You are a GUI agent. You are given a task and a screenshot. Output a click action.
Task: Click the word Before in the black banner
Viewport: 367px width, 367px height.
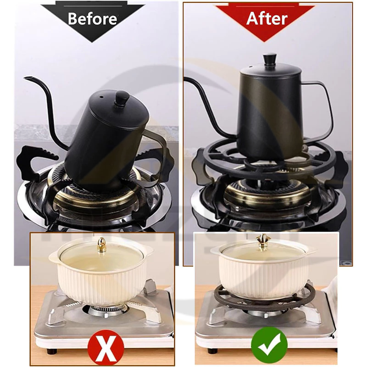coord(93,19)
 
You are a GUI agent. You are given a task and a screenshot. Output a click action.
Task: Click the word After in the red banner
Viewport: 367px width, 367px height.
coord(267,18)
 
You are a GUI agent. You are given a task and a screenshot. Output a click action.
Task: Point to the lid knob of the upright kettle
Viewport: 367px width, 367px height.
coord(270,60)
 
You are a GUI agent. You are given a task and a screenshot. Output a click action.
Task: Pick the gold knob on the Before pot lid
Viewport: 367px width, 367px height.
coord(101,244)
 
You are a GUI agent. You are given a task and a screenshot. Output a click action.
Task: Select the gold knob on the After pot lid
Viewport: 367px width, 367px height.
coord(264,240)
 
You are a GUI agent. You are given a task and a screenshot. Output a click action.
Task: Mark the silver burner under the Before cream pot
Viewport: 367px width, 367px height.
coord(106,311)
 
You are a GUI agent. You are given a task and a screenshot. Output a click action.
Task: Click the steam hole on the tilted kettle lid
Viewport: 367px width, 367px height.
coord(102,96)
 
